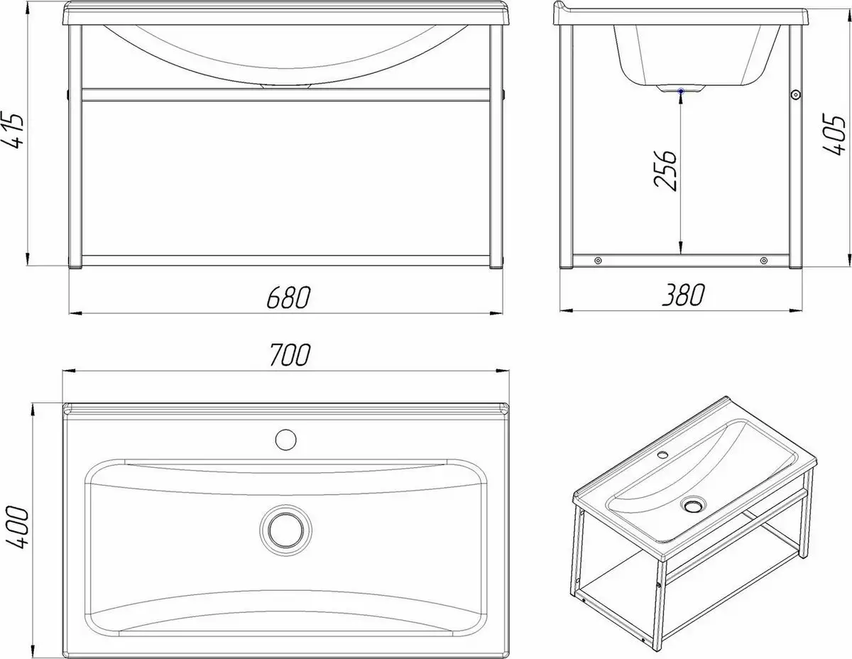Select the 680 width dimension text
click(x=288, y=298)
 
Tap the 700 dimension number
click(x=290, y=355)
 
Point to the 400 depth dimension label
click(x=18, y=527)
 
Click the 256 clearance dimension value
click(x=665, y=170)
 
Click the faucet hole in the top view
click(x=285, y=440)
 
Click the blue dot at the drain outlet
click(x=681, y=91)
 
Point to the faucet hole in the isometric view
click(x=663, y=455)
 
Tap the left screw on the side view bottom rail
click(x=598, y=261)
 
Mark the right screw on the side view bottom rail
click(x=764, y=261)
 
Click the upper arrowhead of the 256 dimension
click(x=681, y=99)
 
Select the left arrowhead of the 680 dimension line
click(x=75, y=313)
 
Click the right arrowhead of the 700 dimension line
click(x=503, y=370)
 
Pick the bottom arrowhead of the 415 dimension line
click(x=28, y=259)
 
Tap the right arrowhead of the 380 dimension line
click(x=795, y=311)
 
